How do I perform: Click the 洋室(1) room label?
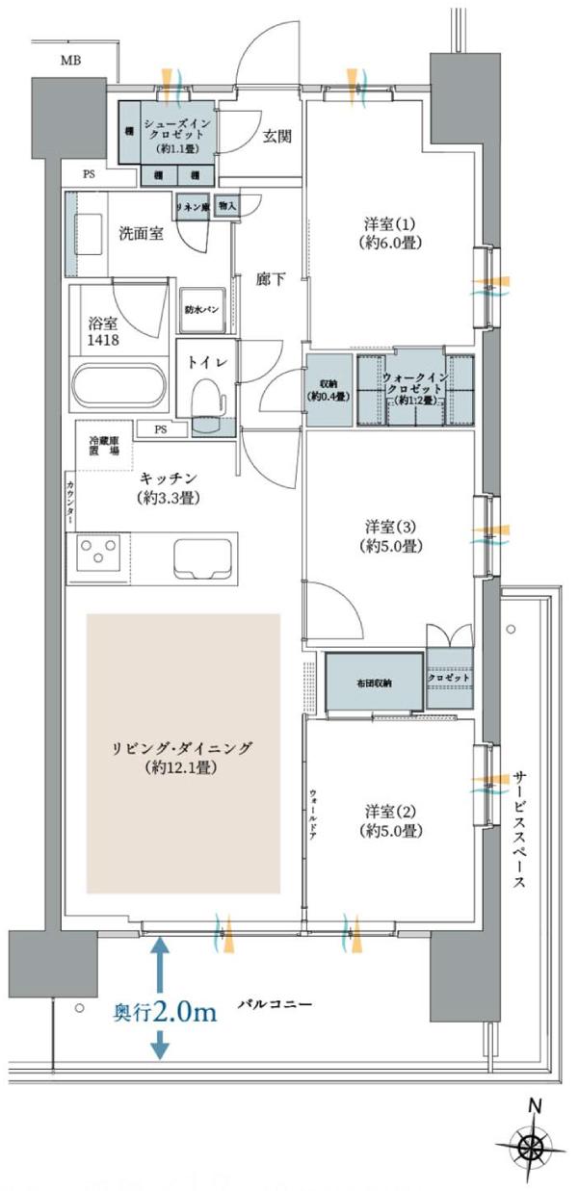coord(389,232)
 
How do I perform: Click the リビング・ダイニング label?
coord(183,757)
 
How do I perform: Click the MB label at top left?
coord(71,61)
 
